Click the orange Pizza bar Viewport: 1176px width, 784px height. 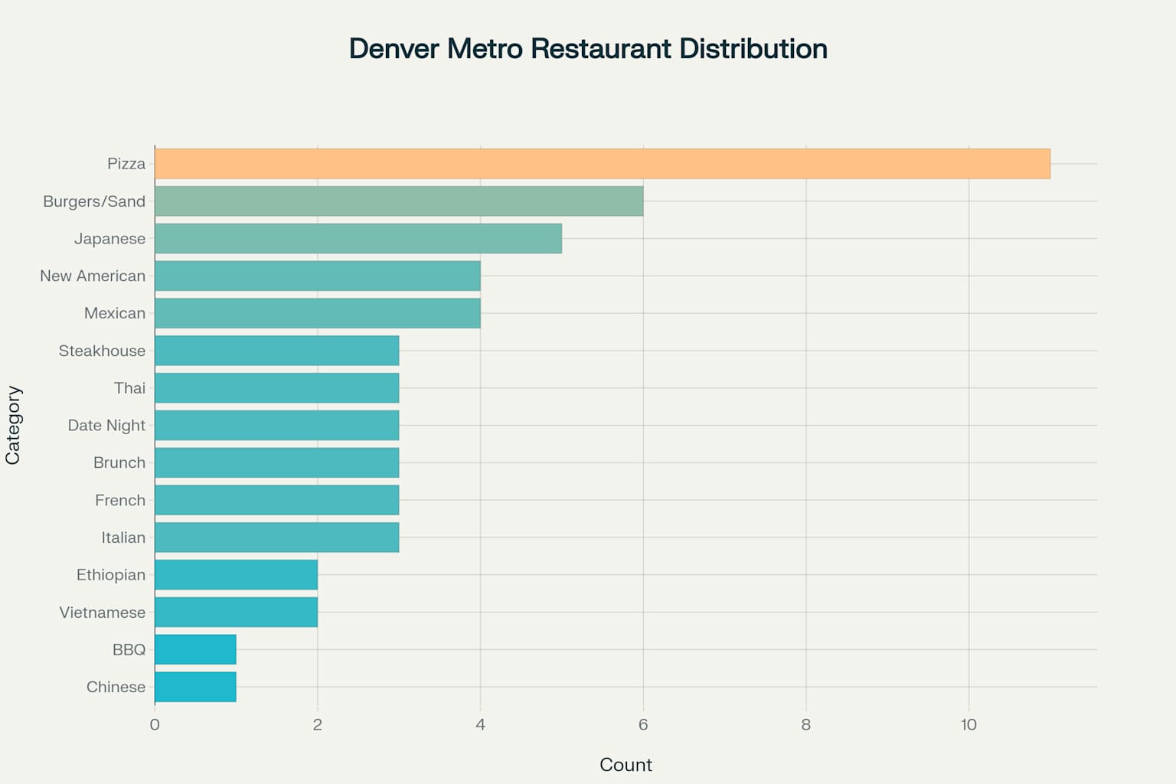(x=602, y=164)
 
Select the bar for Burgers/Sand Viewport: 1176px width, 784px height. (x=398, y=201)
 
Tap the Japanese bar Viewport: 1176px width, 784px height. (x=358, y=239)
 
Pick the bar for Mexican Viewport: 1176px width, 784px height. (x=317, y=313)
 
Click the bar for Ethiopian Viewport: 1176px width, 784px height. (x=236, y=575)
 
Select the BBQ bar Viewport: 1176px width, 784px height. (x=195, y=649)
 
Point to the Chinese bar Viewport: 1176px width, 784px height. (x=195, y=687)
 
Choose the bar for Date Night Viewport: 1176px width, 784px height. (x=276, y=425)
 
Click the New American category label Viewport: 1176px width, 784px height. (x=93, y=276)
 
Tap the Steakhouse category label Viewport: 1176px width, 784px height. (x=102, y=351)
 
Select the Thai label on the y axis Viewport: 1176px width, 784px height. (x=129, y=388)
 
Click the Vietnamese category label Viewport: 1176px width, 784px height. (x=102, y=612)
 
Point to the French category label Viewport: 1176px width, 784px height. (x=119, y=500)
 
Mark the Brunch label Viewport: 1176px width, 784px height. (x=119, y=462)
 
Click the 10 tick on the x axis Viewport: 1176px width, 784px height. (x=969, y=724)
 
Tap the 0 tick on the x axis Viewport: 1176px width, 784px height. (x=155, y=724)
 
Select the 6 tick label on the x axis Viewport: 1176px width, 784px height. (x=643, y=724)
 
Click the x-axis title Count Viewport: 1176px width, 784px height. (x=626, y=765)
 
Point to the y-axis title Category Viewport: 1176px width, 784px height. (x=13, y=425)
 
